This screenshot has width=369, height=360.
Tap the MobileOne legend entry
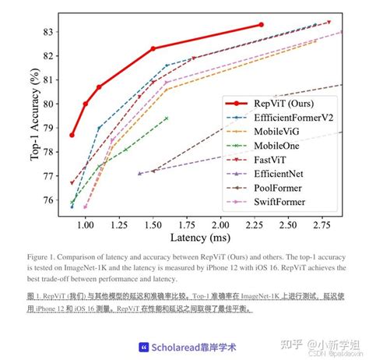pyautogui.click(x=279, y=147)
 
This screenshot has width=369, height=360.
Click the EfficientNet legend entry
pyautogui.click(x=283, y=177)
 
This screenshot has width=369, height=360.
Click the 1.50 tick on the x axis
pyautogui.click(x=153, y=225)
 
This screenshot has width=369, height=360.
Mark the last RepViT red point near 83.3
pyautogui.click(x=262, y=25)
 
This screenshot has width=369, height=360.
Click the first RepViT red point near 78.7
pyautogui.click(x=72, y=135)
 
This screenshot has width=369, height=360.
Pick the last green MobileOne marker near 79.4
pyautogui.click(x=167, y=118)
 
